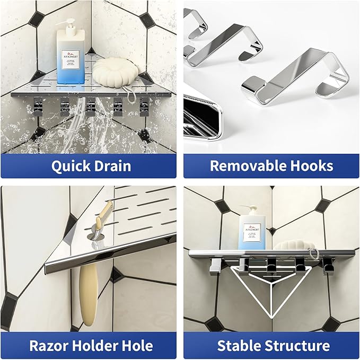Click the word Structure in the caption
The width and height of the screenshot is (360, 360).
[300, 346]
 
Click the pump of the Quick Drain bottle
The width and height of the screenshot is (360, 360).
[69, 23]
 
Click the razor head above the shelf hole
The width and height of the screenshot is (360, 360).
[104, 212]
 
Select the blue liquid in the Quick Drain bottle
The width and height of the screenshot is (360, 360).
[71, 80]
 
